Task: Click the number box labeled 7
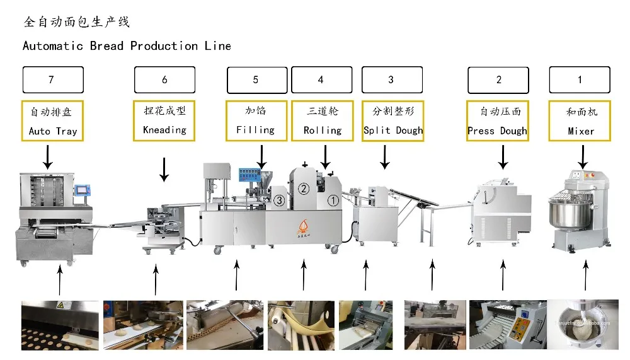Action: click(x=53, y=80)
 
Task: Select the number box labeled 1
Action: click(x=580, y=80)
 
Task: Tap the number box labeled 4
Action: click(x=321, y=80)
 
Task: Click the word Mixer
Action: click(x=580, y=131)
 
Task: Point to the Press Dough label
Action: click(x=497, y=131)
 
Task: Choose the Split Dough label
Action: click(x=393, y=131)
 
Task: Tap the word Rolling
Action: click(x=322, y=131)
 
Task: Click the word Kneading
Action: click(x=164, y=130)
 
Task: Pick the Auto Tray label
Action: click(x=53, y=131)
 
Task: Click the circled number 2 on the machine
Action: click(x=304, y=188)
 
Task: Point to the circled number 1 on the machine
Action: click(x=333, y=200)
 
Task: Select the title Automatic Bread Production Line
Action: click(x=127, y=46)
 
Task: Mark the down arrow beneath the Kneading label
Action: click(x=164, y=170)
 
